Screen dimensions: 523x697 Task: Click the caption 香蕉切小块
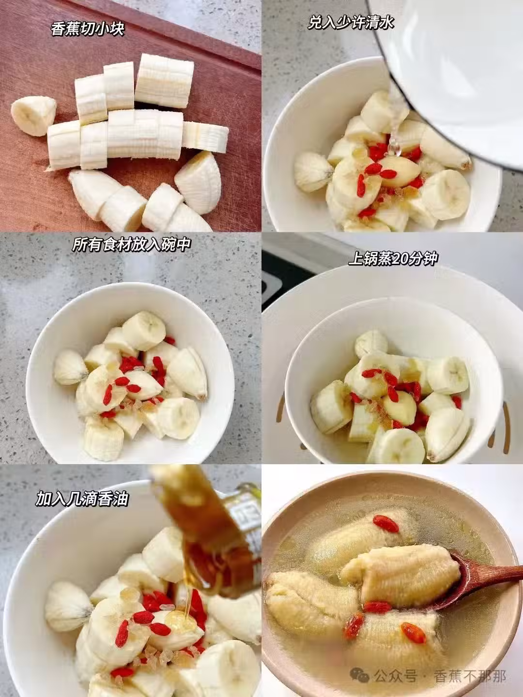tap(87, 29)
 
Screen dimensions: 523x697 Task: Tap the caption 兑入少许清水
tap(351, 23)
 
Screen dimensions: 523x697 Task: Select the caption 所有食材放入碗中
tap(131, 244)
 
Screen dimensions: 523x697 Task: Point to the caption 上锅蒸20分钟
tap(393, 259)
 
